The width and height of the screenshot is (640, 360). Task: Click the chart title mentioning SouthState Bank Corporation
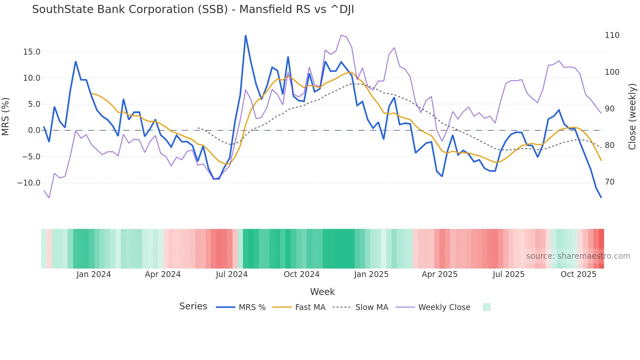click(x=193, y=9)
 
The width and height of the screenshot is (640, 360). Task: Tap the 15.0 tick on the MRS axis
click(x=32, y=52)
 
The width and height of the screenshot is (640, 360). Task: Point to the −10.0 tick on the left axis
click(x=29, y=183)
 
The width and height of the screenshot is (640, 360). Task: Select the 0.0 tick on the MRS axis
click(x=34, y=130)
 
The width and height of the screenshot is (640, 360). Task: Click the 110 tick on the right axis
click(x=612, y=35)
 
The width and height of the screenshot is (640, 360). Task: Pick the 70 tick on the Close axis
click(x=610, y=182)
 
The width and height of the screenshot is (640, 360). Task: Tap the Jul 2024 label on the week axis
click(x=232, y=274)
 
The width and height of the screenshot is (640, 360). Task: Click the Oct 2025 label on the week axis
click(x=578, y=274)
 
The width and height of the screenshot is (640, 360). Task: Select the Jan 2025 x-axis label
click(x=371, y=274)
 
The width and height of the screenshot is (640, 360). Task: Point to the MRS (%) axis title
click(x=6, y=116)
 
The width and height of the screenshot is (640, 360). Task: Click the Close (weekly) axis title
click(x=632, y=117)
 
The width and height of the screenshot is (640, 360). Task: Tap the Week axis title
click(x=322, y=292)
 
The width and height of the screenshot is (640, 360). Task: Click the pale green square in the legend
click(x=487, y=307)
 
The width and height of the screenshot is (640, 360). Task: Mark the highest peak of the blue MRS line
click(x=246, y=36)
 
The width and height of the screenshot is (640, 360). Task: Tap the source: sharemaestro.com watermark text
click(x=578, y=256)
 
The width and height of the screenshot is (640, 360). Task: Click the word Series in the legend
click(x=193, y=306)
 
